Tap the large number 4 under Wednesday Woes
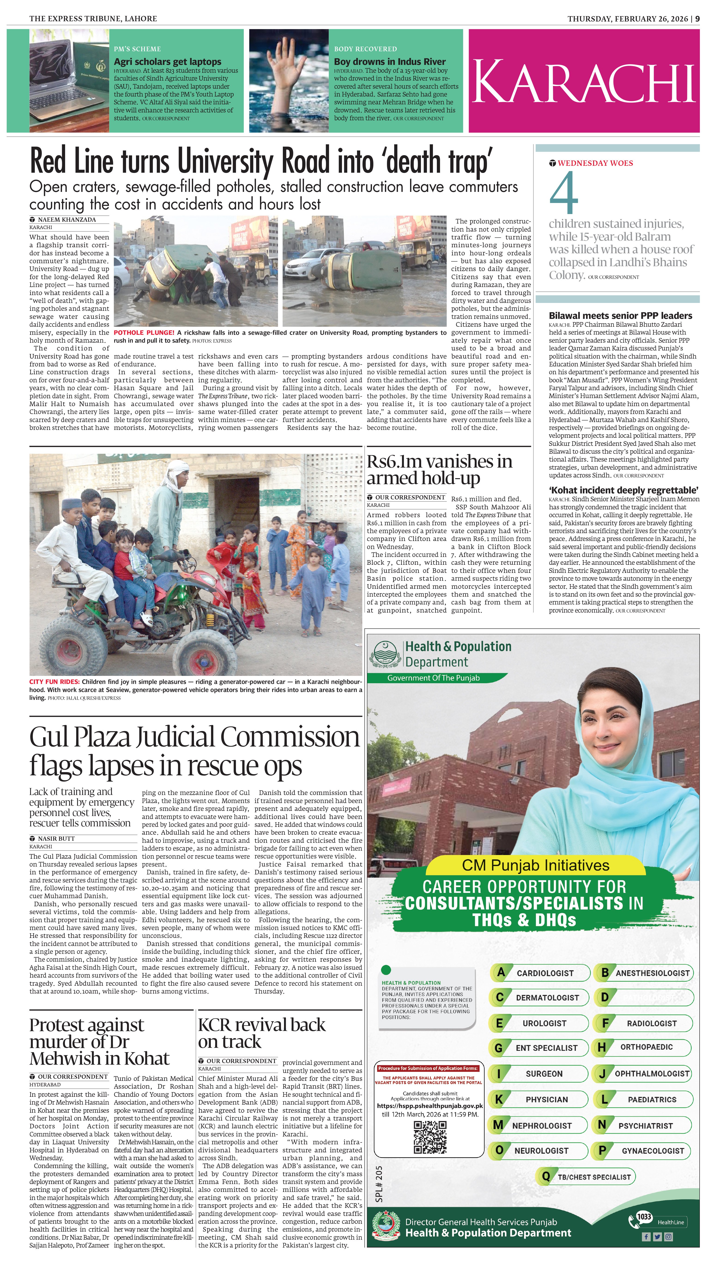(x=564, y=193)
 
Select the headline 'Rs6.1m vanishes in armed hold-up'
(x=439, y=469)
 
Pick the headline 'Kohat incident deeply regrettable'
(x=624, y=490)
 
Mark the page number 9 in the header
(x=697, y=19)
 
